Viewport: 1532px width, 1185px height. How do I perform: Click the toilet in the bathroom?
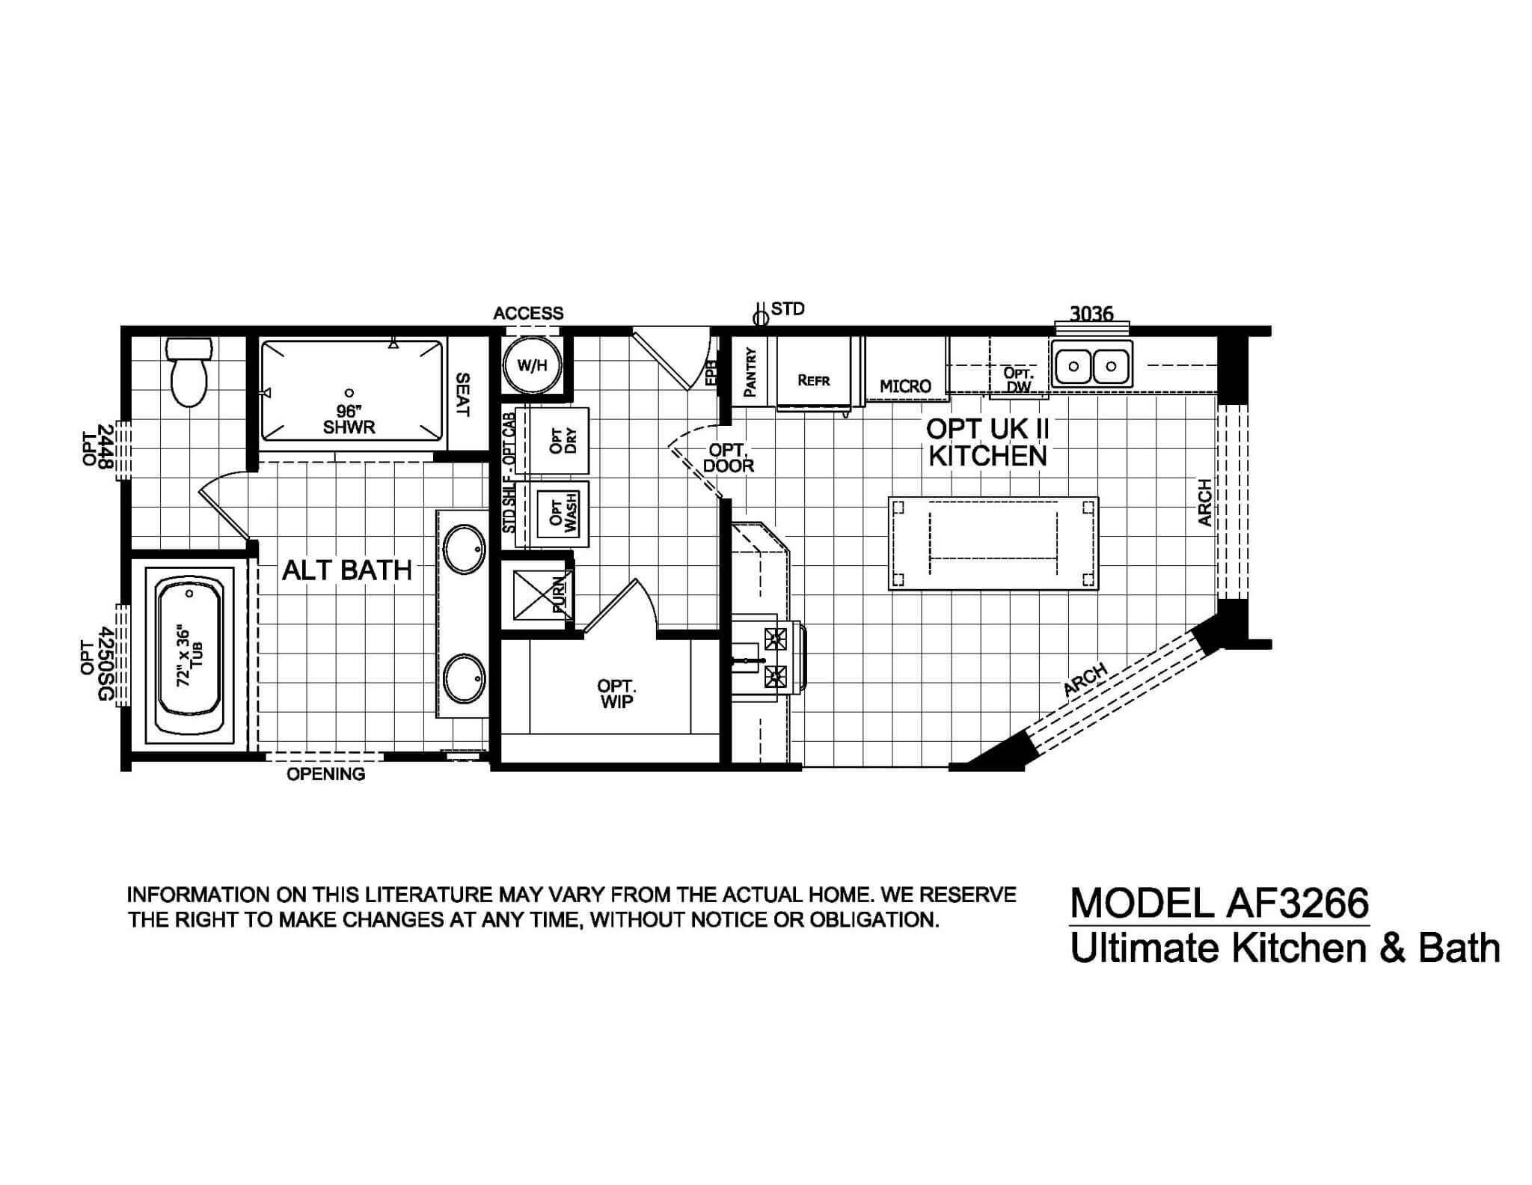189,371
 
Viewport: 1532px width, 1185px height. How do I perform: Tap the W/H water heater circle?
532,366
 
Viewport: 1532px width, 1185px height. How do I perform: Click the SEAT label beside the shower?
463,395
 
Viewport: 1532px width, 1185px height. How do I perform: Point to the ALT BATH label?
347,570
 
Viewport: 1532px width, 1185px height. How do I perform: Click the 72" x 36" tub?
189,656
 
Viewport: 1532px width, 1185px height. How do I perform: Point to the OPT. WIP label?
616,694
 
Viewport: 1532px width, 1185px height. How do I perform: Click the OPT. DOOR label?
729,458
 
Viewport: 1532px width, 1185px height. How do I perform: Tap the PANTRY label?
750,372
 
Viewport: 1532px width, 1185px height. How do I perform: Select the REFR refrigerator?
814,373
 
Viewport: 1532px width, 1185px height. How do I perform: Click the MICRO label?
905,386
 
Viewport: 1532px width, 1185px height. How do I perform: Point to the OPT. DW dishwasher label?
1018,380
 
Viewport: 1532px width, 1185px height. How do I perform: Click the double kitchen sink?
1091,365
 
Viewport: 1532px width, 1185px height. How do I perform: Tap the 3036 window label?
1091,314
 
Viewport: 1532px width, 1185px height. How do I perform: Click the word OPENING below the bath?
326,774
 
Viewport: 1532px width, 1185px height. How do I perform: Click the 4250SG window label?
105,663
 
